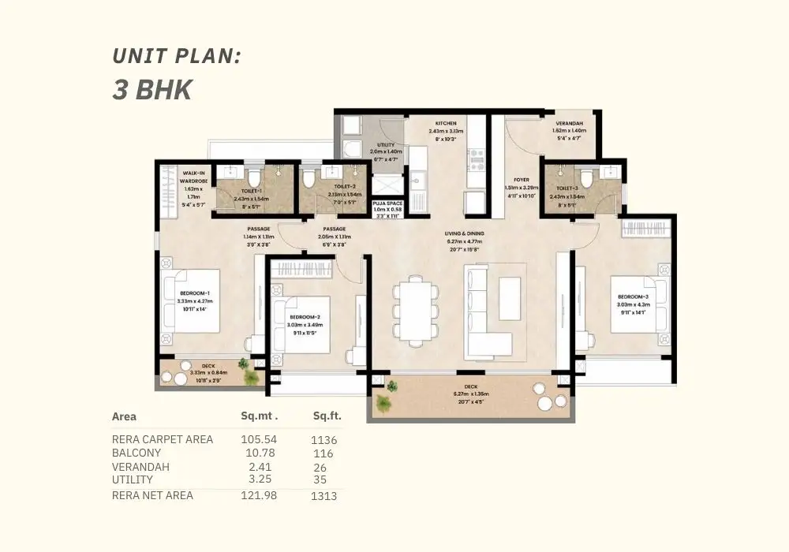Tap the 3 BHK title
coord(152,89)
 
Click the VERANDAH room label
coord(569,129)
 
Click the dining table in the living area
coord(416,310)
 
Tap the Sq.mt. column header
coord(260,416)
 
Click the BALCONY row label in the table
coord(136,453)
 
